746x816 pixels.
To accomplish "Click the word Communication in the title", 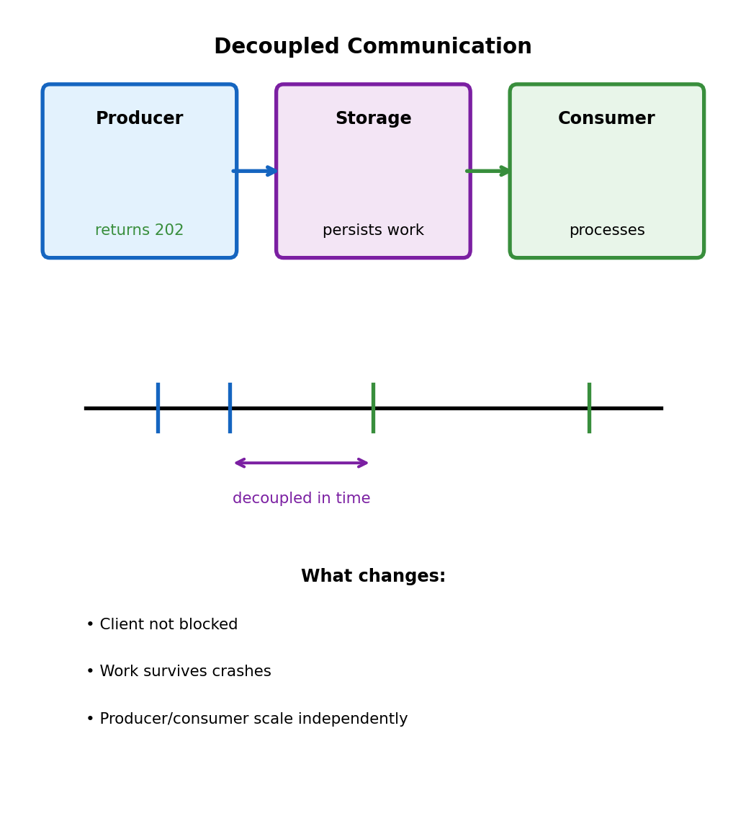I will pos(439,47).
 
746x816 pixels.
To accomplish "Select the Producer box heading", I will pos(140,119).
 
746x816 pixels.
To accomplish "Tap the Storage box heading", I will pos(373,119).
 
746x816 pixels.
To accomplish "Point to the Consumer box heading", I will pos(606,119).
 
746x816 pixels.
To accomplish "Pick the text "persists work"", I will pos(373,231).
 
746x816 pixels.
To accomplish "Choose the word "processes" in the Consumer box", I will pos(607,231).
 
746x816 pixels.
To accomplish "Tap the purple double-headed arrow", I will pos(302,463).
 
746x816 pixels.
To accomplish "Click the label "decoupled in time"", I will pos(302,499).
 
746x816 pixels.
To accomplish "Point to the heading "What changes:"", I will pos(373,577).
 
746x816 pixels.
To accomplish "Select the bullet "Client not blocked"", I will pos(162,625).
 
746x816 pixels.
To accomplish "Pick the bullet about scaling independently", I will pos(247,719).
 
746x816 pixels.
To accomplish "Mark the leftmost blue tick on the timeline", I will pos(158,408).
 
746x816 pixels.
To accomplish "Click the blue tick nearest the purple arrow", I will pos(230,408).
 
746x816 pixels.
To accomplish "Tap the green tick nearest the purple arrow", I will pos(373,408).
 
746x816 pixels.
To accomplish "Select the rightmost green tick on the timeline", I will pos(589,408).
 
